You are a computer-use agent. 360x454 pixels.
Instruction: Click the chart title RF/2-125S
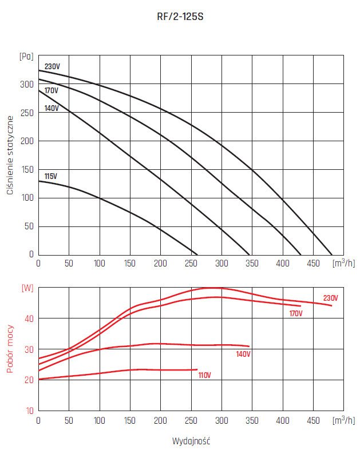(x=180, y=17)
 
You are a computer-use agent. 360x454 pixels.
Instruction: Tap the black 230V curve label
(x=52, y=67)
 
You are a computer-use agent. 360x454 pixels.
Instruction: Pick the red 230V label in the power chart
(x=331, y=298)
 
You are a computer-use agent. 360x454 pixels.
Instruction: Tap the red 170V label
(x=296, y=313)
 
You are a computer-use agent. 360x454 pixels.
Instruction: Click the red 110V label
(x=204, y=376)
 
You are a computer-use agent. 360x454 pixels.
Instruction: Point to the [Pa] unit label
(x=27, y=56)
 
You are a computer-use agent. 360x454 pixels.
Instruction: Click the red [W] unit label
(x=27, y=288)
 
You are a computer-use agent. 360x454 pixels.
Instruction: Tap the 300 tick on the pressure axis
(x=27, y=85)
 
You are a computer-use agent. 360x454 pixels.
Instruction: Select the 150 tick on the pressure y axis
(x=27, y=169)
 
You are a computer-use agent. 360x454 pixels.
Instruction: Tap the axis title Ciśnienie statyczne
(x=10, y=154)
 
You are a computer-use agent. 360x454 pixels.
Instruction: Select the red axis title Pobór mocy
(x=10, y=349)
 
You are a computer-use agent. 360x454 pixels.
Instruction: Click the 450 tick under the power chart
(x=312, y=421)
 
